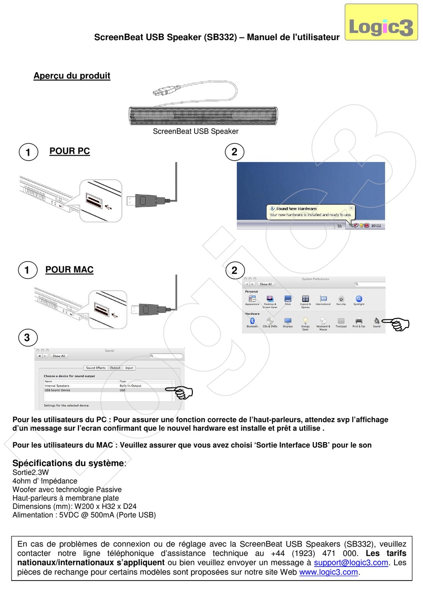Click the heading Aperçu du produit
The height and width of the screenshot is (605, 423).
coord(72,76)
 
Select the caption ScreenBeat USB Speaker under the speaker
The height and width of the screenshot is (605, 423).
coord(195,131)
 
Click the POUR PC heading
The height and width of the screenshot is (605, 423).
coord(69,151)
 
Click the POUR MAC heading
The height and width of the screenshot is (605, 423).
coord(69,270)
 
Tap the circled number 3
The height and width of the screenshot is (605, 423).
coord(27,338)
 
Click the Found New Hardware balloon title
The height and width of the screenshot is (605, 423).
coord(296,209)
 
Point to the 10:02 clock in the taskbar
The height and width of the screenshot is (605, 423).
coord(376,226)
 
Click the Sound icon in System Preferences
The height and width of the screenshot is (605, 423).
coord(377,322)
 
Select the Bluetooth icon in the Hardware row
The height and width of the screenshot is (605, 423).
coord(252,322)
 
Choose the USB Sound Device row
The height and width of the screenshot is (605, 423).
coord(58,390)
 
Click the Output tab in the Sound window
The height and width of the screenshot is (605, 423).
coord(115,368)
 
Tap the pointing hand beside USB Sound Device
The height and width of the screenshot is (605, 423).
coord(181,392)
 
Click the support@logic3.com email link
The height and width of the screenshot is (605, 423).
coord(351,563)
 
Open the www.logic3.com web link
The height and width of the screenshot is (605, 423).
coord(329,572)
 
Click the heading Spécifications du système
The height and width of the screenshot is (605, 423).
coord(69,463)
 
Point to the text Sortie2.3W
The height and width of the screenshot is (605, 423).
coord(31,472)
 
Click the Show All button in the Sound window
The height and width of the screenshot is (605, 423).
coord(59,356)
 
